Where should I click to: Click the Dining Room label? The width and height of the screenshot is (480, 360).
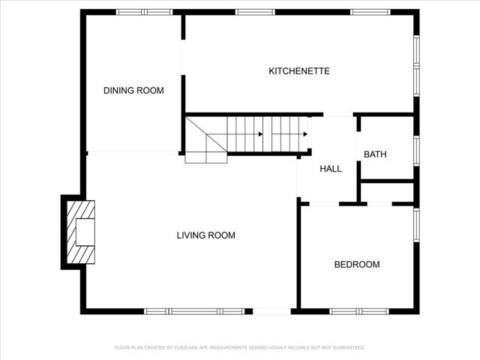pos(133,91)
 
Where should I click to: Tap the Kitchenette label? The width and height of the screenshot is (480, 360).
pos(299,71)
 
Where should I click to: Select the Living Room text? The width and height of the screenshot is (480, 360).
pos(205,235)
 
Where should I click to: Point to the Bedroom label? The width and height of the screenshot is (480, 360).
pos(356,265)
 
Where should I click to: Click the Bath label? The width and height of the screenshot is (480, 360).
pos(375,154)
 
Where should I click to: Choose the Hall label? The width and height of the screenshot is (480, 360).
pos(331,169)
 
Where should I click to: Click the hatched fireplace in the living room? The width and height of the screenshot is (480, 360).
pos(80,232)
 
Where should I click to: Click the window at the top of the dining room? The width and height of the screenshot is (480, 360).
pos(144,12)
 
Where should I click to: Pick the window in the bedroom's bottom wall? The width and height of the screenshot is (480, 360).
pos(357,310)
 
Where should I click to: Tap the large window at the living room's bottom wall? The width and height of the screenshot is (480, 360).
pos(194,310)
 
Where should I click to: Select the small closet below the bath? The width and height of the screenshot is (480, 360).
pos(387,192)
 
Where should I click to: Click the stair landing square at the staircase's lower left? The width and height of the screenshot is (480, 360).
pos(205,157)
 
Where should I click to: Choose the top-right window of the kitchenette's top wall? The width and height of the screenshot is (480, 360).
pos(370,12)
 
